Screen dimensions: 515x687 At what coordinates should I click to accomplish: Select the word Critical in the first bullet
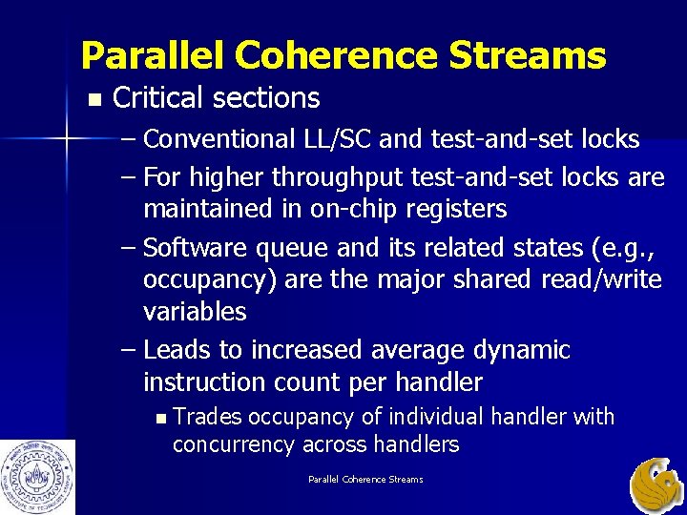pyautogui.click(x=158, y=98)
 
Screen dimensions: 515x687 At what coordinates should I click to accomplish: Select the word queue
pyautogui.click(x=294, y=248)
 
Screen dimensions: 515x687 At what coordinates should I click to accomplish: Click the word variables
pyautogui.click(x=195, y=312)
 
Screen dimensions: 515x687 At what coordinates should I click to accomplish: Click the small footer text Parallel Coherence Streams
pyautogui.click(x=365, y=479)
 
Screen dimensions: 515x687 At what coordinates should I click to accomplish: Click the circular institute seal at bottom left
pyautogui.click(x=37, y=476)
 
